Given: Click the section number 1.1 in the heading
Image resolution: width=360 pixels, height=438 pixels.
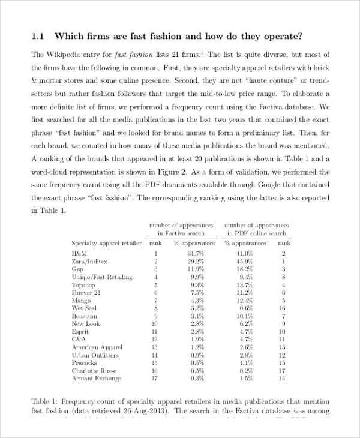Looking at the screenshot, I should point(38,35).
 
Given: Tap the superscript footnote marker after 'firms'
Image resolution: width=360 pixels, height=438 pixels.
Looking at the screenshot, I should point(202,52).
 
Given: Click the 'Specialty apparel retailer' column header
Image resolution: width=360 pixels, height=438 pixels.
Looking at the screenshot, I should point(107,243).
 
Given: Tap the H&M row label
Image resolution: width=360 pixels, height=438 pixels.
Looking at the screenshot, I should point(79,254).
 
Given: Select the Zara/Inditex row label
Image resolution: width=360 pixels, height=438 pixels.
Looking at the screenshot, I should point(89,262).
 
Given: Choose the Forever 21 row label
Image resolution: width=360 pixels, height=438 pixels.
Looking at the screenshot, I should point(86,293).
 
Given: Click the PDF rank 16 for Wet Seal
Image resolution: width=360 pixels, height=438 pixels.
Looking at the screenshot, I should point(283,308).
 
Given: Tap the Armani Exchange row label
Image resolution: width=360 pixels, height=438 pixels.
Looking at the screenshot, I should point(96,379).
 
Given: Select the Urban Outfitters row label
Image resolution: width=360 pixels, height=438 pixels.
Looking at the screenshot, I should point(95,355).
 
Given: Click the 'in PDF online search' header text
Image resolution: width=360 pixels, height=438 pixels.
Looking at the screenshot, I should point(256,233).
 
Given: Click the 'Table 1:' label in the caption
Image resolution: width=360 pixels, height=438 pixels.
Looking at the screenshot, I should point(44,401).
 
